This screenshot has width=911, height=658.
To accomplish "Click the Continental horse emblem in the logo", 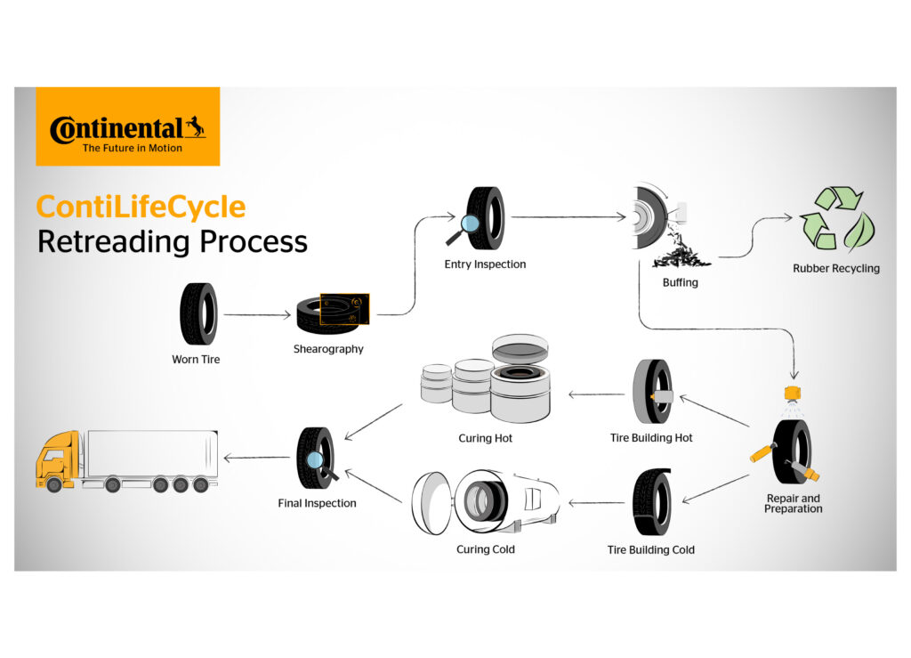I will point(195,128).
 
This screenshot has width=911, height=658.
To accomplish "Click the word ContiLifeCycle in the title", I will point(141,207).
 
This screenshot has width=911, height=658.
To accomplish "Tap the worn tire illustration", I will point(198,313).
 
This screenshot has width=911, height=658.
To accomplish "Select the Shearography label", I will point(328,349).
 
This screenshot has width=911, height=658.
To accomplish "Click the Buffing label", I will point(680,282).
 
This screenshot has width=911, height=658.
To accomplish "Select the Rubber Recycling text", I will point(835,268).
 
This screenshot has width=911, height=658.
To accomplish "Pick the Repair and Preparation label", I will point(793,503).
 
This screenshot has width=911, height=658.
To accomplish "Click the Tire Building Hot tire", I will point(652,393).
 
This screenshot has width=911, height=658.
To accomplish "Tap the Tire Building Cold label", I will point(650,549).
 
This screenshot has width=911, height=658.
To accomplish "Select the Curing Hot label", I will point(485,438).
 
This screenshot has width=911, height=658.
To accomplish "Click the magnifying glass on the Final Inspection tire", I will point(314,460).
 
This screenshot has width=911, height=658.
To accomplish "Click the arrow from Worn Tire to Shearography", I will point(257,314).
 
